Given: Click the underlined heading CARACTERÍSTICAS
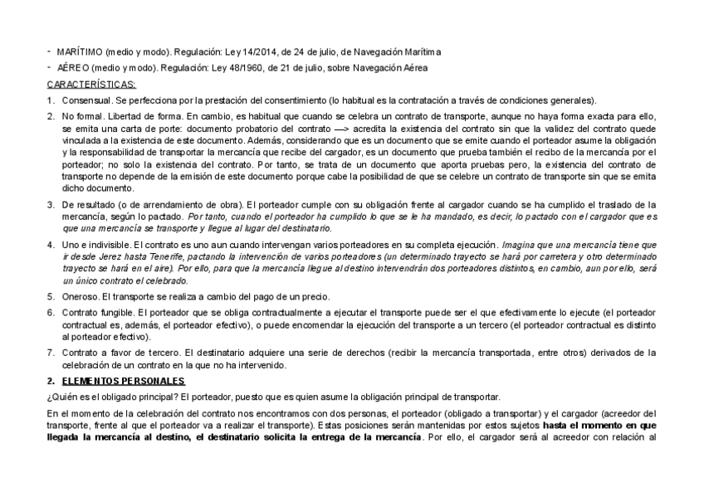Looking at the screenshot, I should [92, 84].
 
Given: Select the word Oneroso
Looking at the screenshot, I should [80, 296].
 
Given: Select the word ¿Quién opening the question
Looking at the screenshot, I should [60, 396].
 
